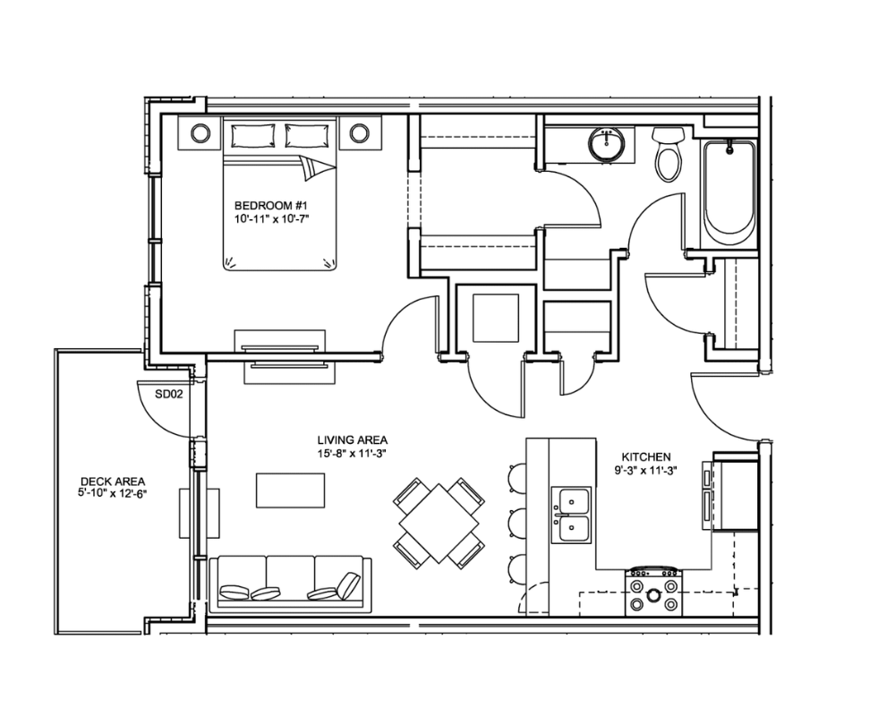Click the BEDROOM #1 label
[x=271, y=205]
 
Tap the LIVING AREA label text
[x=352, y=440]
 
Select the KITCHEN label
[x=645, y=456]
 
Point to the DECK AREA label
[x=113, y=482]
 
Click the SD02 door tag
[x=169, y=394]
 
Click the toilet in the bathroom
[x=669, y=153]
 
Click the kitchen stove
[x=654, y=592]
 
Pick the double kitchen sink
[x=571, y=515]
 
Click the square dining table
[x=439, y=523]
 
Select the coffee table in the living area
[x=290, y=490]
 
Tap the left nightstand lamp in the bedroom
[x=200, y=133]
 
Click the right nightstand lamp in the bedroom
[x=359, y=133]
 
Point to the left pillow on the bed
[x=252, y=135]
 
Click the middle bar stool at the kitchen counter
[x=517, y=521]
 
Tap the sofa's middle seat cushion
[x=290, y=575]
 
